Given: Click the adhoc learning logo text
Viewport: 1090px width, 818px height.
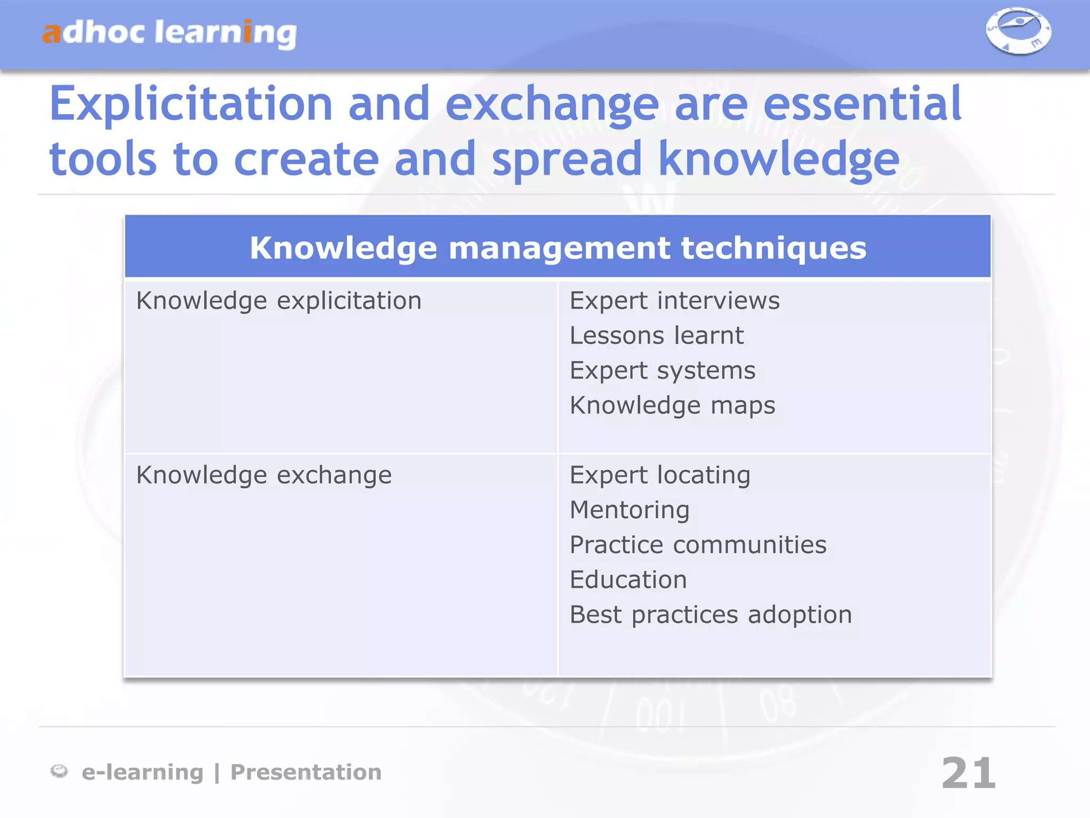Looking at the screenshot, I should pos(169,33).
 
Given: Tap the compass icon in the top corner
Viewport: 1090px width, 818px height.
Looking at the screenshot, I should pos(1018,31).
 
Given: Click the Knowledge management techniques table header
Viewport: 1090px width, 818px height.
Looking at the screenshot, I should pos(558,248).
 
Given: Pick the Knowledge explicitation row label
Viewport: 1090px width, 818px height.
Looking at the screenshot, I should pos(279,301).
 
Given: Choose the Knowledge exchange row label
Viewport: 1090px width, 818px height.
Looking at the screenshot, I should pos(264,475).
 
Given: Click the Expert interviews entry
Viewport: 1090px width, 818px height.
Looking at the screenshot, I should pos(674,301).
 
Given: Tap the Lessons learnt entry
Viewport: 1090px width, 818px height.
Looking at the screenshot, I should pos(656,336).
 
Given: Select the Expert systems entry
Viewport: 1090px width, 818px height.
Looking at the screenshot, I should pos(662,371).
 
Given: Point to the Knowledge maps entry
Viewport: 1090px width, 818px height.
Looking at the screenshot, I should pos(672,406).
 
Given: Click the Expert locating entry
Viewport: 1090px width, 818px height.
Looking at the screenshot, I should pos(660,475).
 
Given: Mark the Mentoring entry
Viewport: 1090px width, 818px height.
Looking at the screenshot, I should pos(630,510).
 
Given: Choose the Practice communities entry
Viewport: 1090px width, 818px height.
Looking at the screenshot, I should pos(698,545).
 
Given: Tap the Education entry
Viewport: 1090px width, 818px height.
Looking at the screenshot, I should pos(628,580).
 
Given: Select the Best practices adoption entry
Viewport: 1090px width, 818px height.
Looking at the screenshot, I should pos(711,615).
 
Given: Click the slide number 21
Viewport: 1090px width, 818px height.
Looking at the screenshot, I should pos(968,773).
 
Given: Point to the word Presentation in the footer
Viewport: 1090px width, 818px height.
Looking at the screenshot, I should pos(306,772).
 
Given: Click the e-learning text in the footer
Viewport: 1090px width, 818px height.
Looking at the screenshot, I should pos(143,772).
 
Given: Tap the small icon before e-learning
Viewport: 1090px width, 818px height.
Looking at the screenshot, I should pos(59,771).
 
